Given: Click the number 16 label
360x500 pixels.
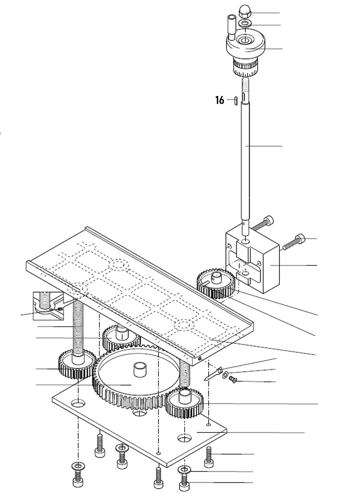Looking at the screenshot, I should (x=220, y=100).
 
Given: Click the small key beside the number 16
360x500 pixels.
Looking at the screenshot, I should (x=235, y=100).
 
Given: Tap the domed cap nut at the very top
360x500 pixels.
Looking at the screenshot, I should (x=245, y=14).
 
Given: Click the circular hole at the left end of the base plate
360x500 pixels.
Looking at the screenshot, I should (x=78, y=404).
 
